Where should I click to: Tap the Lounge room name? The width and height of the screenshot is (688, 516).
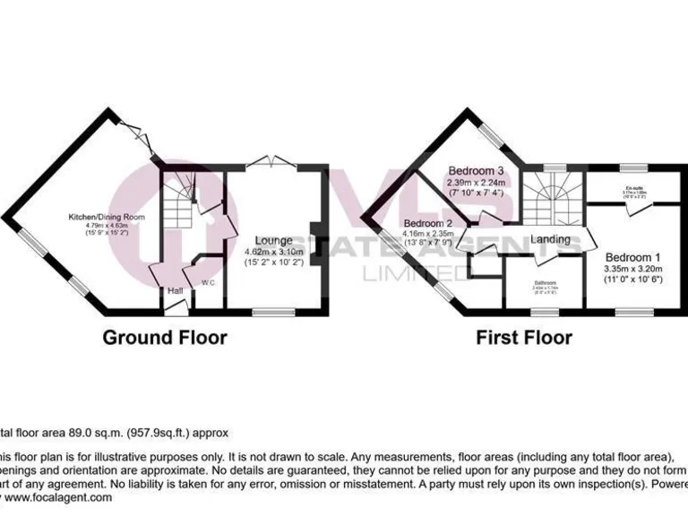click(273, 240)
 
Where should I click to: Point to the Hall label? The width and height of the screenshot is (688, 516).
click(174, 291)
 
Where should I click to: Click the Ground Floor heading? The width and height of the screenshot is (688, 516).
click(164, 338)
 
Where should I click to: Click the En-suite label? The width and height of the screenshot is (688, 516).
click(637, 187)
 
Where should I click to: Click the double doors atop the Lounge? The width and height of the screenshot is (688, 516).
click(271, 162)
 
